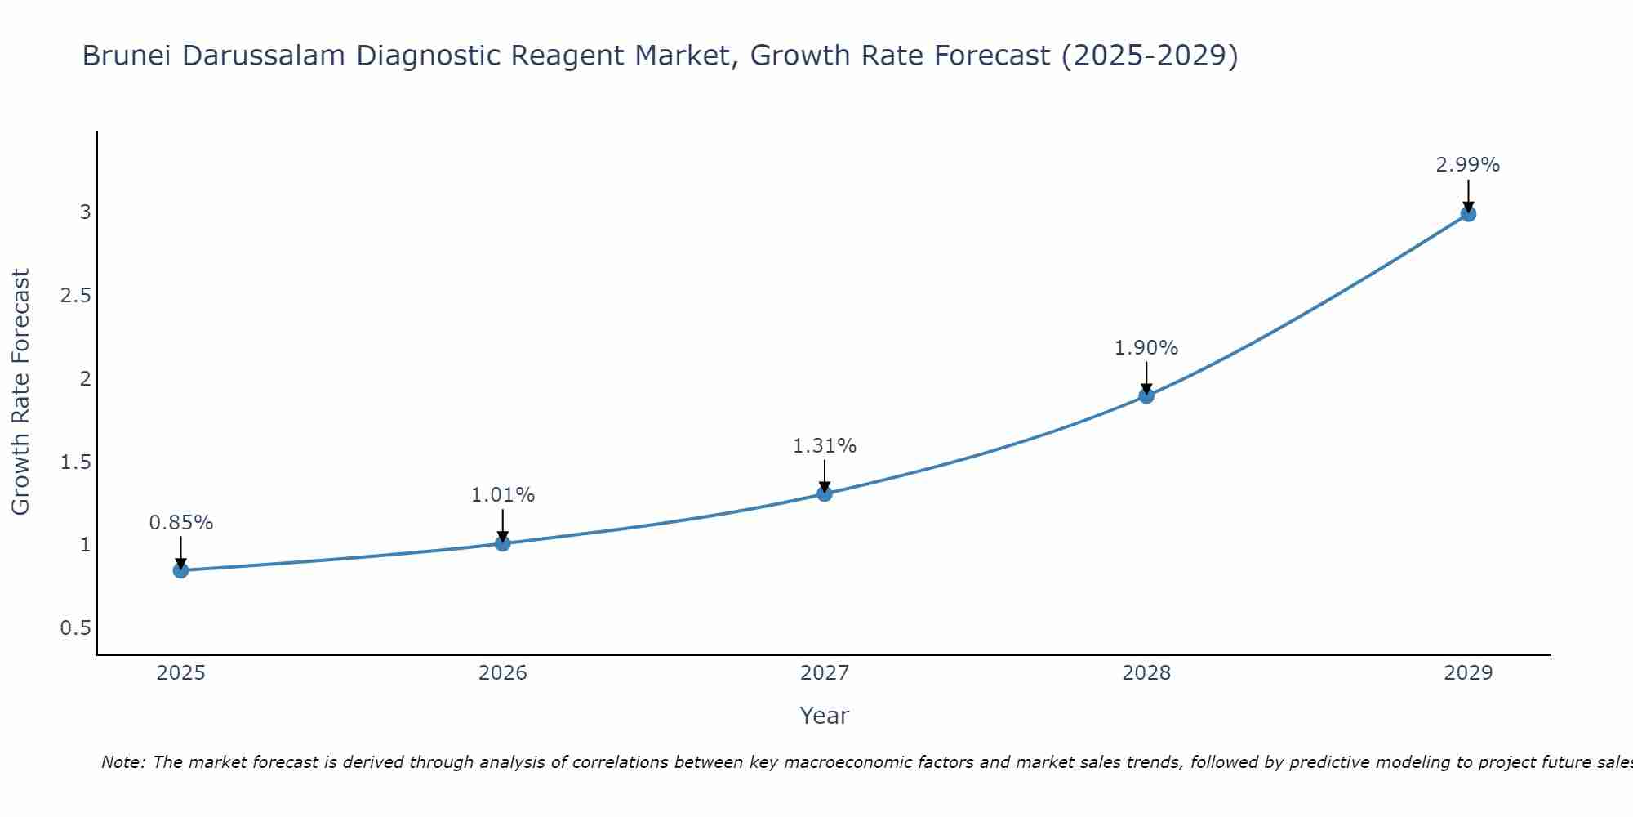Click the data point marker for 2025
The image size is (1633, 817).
click(x=180, y=570)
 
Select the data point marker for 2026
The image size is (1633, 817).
click(x=503, y=543)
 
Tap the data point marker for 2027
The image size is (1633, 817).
click(x=825, y=493)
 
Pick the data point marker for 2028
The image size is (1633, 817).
click(x=1146, y=395)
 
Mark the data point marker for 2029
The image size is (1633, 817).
click(x=1468, y=214)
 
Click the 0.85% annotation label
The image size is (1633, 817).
click(x=180, y=523)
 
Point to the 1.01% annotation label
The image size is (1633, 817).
click(x=503, y=495)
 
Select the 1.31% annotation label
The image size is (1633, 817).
click(x=825, y=446)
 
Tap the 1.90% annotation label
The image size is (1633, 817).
click(x=1146, y=348)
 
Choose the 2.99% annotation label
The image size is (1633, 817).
click(x=1468, y=165)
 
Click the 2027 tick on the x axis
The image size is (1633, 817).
click(x=825, y=673)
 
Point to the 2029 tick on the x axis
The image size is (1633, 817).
click(x=1468, y=673)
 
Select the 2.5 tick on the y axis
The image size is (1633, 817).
click(x=75, y=296)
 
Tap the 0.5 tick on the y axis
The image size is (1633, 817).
click(x=75, y=628)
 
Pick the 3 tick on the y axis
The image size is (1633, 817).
click(x=85, y=212)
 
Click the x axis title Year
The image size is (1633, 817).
click(x=825, y=716)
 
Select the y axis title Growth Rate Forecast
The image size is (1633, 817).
click(x=20, y=392)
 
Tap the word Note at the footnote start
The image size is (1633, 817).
click(x=122, y=762)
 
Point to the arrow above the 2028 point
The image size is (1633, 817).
click(x=1146, y=377)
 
